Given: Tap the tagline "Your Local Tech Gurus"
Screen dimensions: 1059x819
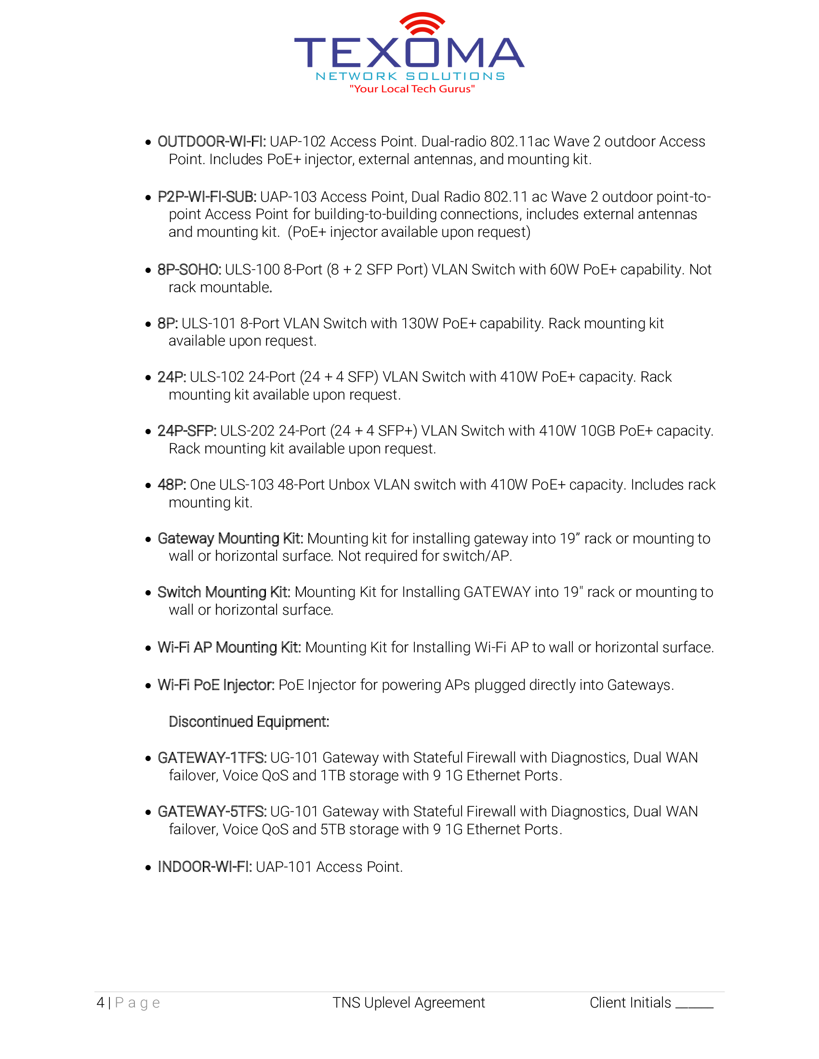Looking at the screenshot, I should coord(412,89).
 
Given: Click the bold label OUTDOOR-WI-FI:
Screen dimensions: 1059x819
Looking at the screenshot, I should coord(211,142).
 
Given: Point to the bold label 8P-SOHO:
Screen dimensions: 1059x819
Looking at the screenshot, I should coord(189,270).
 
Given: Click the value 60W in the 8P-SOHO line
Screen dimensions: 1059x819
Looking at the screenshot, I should coord(564,270).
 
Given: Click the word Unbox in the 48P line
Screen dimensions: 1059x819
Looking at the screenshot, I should coord(349,485).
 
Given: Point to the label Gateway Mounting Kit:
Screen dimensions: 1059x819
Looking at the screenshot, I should coord(230,539).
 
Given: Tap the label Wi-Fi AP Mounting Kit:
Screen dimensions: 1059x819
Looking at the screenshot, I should coord(229,648).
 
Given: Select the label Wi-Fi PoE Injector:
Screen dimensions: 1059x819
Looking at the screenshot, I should coord(216,685).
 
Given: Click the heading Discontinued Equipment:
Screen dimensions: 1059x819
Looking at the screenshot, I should coord(249,722).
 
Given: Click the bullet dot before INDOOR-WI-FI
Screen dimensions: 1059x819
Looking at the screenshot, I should coord(148,867).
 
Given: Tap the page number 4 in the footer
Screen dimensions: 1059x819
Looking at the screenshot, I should coord(100,1003).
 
